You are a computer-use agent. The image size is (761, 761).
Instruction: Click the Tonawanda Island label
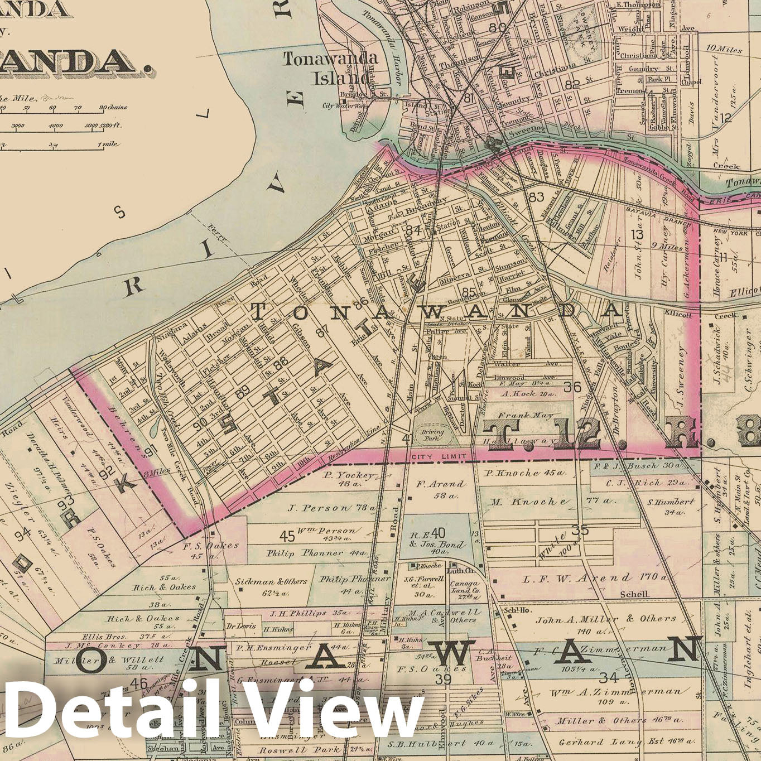[330, 68]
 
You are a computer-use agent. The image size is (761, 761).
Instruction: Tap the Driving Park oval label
[432, 435]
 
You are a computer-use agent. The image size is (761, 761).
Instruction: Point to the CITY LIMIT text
[437, 457]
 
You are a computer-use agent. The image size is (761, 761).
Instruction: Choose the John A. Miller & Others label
[605, 619]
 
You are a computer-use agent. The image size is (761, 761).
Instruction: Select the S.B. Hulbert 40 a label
[439, 743]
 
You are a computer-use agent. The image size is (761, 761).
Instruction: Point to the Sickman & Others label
[271, 581]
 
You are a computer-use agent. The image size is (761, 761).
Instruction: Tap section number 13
[637, 234]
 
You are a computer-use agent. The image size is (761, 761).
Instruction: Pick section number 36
[572, 387]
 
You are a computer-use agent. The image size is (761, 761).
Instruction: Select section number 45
[287, 536]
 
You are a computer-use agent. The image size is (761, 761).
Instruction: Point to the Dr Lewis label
[241, 627]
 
